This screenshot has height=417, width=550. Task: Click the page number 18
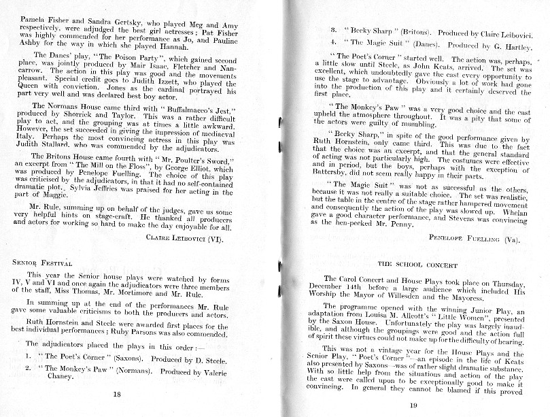pyautogui.click(x=116, y=393)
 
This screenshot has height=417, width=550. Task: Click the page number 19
pyautogui.click(x=413, y=406)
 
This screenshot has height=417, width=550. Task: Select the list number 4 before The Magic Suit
pyautogui.click(x=330, y=41)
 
